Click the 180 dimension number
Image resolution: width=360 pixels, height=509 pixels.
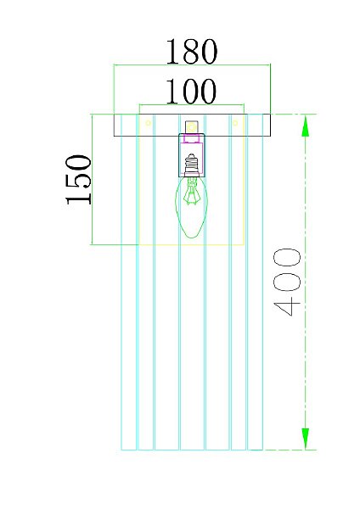[x=191, y=51]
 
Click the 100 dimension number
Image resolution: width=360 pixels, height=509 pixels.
[x=191, y=92]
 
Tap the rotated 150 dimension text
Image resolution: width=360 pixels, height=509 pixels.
[x=79, y=180]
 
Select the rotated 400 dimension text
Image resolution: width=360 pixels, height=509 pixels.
[x=287, y=282]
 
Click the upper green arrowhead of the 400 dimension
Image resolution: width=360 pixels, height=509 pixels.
[x=306, y=126]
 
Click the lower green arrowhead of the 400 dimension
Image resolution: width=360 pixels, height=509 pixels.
[x=306, y=439]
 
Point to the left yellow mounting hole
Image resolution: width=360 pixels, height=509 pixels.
[x=148, y=123]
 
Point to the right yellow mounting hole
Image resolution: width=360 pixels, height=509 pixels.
[x=235, y=123]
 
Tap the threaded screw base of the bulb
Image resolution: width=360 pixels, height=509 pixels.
[x=191, y=165]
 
